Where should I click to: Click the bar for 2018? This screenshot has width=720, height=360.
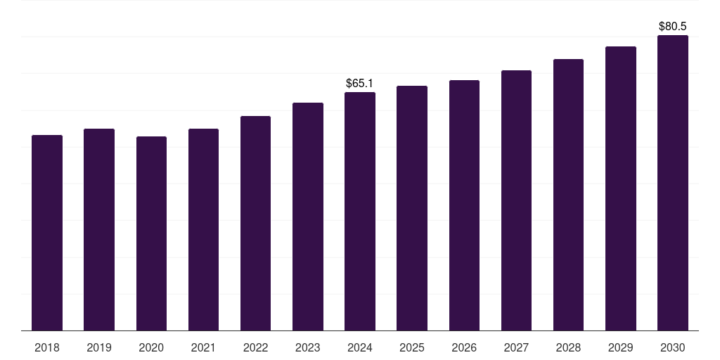(x=47, y=233)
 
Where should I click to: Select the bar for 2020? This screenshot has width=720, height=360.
(x=151, y=233)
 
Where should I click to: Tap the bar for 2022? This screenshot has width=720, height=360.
(x=255, y=224)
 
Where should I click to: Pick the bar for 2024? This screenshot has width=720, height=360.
(x=359, y=212)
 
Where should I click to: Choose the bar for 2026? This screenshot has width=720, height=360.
(x=464, y=205)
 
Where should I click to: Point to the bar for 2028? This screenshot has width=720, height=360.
(x=568, y=195)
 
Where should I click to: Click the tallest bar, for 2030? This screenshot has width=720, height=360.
(x=672, y=183)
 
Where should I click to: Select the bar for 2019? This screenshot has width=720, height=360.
(x=99, y=230)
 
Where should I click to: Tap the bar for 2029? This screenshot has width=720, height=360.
(x=620, y=188)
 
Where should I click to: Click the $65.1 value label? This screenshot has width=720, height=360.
(x=359, y=84)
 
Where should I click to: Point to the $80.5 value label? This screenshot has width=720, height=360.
(x=672, y=27)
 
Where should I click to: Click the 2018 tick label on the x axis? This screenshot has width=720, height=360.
(x=47, y=347)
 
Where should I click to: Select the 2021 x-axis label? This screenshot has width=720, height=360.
(x=203, y=347)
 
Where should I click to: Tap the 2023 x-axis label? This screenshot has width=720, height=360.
(x=307, y=347)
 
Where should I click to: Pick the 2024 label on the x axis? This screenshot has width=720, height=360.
(x=359, y=347)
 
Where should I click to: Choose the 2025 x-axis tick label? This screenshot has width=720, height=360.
(x=412, y=347)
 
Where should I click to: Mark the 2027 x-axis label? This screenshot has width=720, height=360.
(x=516, y=347)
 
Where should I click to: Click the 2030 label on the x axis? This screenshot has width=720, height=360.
(x=672, y=347)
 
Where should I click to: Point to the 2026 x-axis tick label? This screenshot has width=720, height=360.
(x=464, y=347)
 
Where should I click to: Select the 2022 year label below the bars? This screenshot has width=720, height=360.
(x=255, y=347)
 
